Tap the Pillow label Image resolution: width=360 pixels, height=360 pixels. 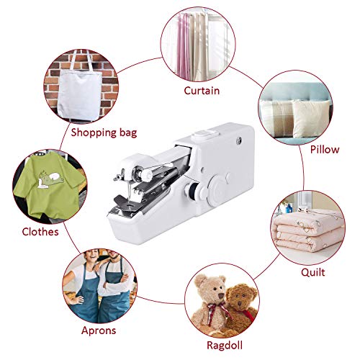[325, 149]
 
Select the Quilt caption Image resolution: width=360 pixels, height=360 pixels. [313, 273]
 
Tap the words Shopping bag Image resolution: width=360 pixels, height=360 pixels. [103, 132]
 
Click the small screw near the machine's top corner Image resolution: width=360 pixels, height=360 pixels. [236, 143]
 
